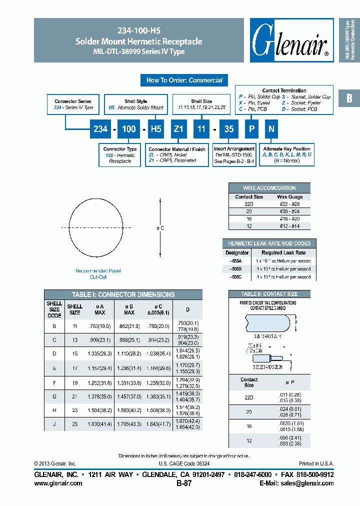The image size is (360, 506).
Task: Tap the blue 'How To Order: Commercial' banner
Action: (184, 80)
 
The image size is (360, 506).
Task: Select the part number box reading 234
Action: (100, 129)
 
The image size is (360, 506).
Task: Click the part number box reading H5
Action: (156, 129)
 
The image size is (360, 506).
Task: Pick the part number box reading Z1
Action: (178, 129)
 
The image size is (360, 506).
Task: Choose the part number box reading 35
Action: (228, 129)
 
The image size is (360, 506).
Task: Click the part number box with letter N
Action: (271, 129)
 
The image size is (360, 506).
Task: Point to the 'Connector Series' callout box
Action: (73, 104)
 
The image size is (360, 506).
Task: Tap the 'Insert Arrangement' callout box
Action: (234, 155)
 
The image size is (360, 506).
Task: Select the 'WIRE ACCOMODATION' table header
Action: (269, 188)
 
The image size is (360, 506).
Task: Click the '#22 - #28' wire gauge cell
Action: (289, 204)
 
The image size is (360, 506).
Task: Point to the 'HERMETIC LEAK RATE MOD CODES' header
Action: (269, 243)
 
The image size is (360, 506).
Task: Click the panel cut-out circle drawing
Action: (95, 227)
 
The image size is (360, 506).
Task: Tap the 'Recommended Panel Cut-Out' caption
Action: (98, 273)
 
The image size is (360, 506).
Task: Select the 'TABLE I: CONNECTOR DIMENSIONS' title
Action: (123, 294)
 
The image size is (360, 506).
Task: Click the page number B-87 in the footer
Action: (184, 483)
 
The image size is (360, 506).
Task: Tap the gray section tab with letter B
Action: (349, 98)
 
